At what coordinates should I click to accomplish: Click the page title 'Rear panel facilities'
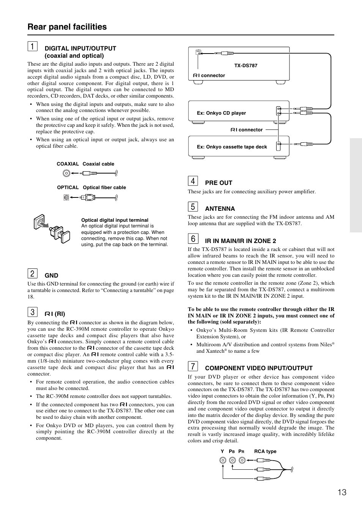tap(67, 27)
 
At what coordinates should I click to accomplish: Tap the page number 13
tap(342, 492)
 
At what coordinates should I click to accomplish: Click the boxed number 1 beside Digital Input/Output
tap(32, 47)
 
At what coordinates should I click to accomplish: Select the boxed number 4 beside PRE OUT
tap(193, 181)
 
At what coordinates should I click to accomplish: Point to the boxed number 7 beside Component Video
tap(193, 366)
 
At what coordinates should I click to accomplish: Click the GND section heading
tap(52, 276)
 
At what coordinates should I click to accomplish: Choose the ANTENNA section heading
tap(220, 208)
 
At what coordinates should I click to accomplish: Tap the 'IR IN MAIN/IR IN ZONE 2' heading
tap(240, 241)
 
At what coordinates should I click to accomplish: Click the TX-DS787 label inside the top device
tap(246, 66)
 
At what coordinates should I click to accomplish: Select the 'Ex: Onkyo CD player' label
tap(221, 113)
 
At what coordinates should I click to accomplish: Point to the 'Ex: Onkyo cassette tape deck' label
tap(232, 147)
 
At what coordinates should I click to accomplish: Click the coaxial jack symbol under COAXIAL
tap(66, 174)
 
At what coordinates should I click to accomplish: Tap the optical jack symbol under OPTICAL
tap(66, 197)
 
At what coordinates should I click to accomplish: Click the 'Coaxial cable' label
tap(98, 164)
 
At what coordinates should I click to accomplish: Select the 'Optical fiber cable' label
tap(104, 188)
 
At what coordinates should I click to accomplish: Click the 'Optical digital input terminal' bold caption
tap(115, 220)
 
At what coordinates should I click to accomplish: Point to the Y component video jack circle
tap(223, 460)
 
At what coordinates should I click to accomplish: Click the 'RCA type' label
tap(265, 451)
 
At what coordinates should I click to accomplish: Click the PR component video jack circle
tap(242, 460)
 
